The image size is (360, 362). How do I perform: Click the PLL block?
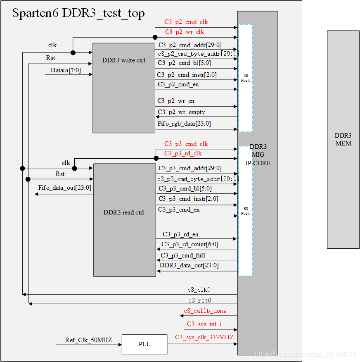click(x=144, y=344)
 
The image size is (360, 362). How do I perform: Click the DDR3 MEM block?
click(x=343, y=139)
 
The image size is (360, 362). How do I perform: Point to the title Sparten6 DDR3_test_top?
click(x=78, y=13)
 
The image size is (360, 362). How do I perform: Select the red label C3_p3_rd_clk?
click(x=183, y=154)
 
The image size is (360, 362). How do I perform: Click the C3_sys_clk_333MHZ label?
click(x=204, y=337)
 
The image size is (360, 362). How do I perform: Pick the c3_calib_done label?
click(x=205, y=311)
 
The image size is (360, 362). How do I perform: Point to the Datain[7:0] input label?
click(x=66, y=70)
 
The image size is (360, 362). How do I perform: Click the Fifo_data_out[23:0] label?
click(x=65, y=188)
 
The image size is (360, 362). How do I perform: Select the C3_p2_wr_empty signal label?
click(x=181, y=112)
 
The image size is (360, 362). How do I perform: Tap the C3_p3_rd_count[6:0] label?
click(x=190, y=244)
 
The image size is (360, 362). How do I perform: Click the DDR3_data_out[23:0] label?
click(x=189, y=265)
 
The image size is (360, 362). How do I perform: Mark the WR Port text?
click(x=246, y=78)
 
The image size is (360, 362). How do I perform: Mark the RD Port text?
click(x=246, y=211)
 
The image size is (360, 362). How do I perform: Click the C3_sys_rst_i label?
click(x=204, y=324)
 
